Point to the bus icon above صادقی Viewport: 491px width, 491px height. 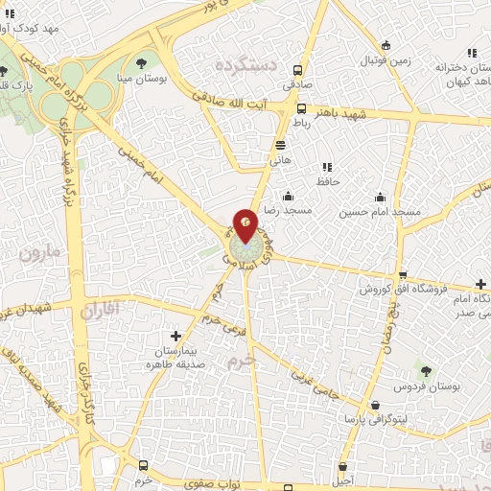pyautogui.click(x=299, y=70)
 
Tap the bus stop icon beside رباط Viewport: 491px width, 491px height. pyautogui.click(x=302, y=108)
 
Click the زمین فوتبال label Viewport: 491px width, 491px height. pyautogui.click(x=385, y=60)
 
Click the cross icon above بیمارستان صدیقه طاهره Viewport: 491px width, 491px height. pyautogui.click(x=175, y=336)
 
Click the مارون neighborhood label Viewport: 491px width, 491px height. pyautogui.click(x=37, y=253)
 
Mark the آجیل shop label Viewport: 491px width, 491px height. pyautogui.click(x=341, y=479)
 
